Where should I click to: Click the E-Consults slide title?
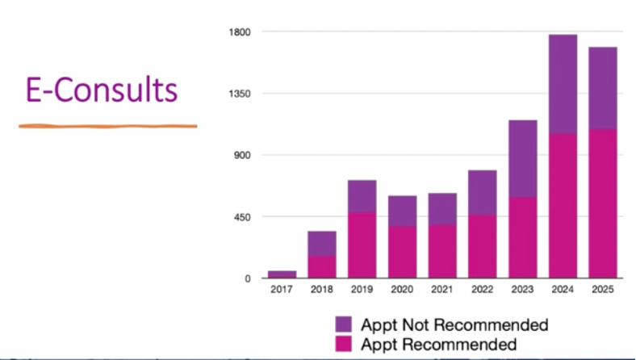pyautogui.click(x=102, y=89)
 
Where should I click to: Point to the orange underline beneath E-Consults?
pyautogui.click(x=108, y=126)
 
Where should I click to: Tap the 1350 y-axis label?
pyautogui.click(x=243, y=94)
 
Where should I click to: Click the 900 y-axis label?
pyautogui.click(x=245, y=155)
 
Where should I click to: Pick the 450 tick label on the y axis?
pyautogui.click(x=245, y=217)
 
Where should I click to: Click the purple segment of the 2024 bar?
pyautogui.click(x=563, y=84)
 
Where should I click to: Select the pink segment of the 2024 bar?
pyautogui.click(x=563, y=206)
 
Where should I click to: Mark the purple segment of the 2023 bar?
pyautogui.click(x=522, y=158)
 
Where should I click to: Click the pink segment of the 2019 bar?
pyautogui.click(x=362, y=245)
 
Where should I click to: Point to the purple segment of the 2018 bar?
pyautogui.click(x=322, y=243)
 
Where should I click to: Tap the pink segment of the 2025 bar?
pyautogui.click(x=602, y=203)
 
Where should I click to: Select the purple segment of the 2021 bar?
pyautogui.click(x=442, y=208)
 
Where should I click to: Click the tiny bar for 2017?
pyautogui.click(x=282, y=274)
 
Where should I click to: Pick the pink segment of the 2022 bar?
pyautogui.click(x=482, y=246)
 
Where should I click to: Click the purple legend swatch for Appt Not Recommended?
pyautogui.click(x=344, y=325)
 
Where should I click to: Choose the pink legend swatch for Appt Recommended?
pyautogui.click(x=344, y=344)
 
